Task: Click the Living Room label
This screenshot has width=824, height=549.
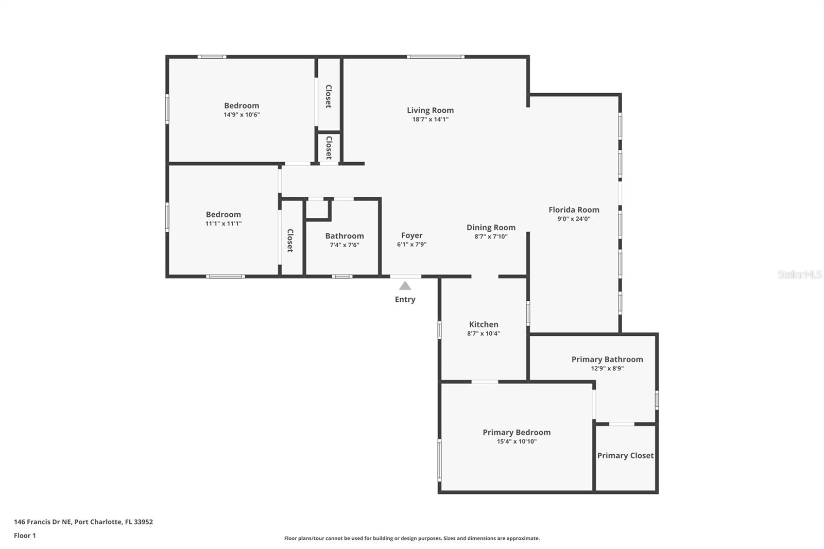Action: coord(430,110)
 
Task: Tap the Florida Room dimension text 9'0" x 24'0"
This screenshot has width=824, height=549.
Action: coord(574,218)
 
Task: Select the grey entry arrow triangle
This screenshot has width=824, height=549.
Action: coord(405,285)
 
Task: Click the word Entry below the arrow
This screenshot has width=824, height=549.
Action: coord(405,300)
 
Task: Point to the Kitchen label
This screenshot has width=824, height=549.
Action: coord(484,324)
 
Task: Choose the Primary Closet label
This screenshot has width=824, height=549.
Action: coord(625,456)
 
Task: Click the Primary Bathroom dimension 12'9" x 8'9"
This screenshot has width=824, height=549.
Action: coord(607,368)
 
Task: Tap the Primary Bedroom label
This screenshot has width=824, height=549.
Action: coord(517,433)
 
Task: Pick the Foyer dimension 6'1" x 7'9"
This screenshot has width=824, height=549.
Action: coord(411,244)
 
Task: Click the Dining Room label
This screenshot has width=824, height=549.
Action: coord(491,228)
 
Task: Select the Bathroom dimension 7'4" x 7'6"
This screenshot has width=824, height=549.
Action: coord(345,245)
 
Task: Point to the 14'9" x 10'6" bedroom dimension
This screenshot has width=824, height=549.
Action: coord(242,115)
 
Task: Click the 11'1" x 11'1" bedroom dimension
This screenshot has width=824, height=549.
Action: coord(224,224)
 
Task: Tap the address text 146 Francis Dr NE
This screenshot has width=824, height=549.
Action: coord(42,522)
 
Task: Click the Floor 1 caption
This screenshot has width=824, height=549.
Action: coord(25,536)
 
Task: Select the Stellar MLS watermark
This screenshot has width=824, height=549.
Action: coord(800,274)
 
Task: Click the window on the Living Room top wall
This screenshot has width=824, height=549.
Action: coord(436,57)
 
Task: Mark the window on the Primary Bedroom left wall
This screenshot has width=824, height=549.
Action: coord(440,460)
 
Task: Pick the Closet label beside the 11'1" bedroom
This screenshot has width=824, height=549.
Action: coord(290,241)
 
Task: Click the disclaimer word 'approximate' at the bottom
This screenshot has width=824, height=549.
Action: coord(523,538)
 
